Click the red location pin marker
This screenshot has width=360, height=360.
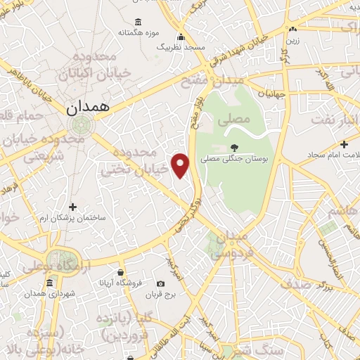tap(181, 165)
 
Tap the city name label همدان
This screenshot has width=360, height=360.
tap(85, 109)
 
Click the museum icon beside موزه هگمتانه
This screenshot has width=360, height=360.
tap(137, 21)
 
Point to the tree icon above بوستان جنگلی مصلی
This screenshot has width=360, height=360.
tap(233, 146)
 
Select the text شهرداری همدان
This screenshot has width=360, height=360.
tap(50, 293)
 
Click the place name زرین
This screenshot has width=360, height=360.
tap(290, 40)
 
